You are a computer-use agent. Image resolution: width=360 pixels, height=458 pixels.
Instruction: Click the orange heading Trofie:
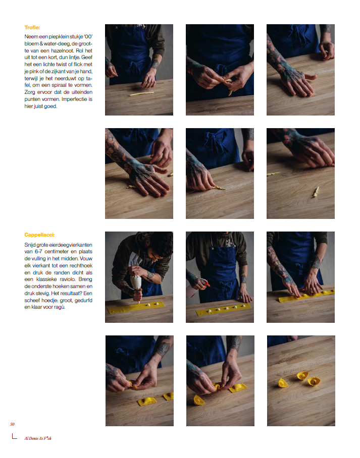click(32, 27)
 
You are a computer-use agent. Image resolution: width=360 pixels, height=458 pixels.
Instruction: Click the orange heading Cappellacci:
click(39, 235)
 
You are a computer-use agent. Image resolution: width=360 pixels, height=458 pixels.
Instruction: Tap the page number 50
click(12, 424)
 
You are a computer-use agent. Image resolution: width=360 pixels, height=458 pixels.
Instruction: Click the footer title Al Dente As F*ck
click(38, 438)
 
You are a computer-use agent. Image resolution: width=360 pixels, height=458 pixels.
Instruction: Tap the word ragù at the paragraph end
click(60, 307)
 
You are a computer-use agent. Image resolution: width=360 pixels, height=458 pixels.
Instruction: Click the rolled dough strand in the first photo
click(141, 94)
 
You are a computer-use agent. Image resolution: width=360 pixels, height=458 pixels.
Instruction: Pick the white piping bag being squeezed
click(136, 280)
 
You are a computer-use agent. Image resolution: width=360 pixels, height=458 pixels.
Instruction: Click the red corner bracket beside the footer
click(14, 437)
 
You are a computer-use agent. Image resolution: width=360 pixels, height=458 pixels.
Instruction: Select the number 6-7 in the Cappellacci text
click(38, 252)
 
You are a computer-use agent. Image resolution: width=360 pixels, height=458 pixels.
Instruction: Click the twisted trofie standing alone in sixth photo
click(316, 192)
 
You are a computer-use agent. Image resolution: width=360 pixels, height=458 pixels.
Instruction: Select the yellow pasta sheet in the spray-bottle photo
click(224, 309)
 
